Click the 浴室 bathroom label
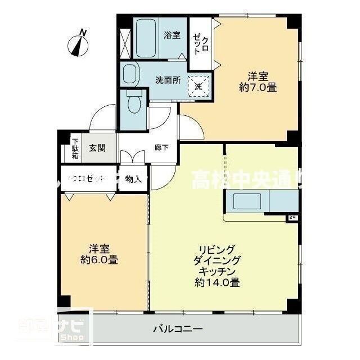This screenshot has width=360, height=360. (x=172, y=35)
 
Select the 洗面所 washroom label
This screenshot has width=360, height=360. (x=168, y=80)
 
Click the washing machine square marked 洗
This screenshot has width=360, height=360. (x=198, y=87)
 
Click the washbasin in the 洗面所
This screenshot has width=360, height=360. (x=130, y=74)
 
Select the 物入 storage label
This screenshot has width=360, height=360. (x=133, y=179)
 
